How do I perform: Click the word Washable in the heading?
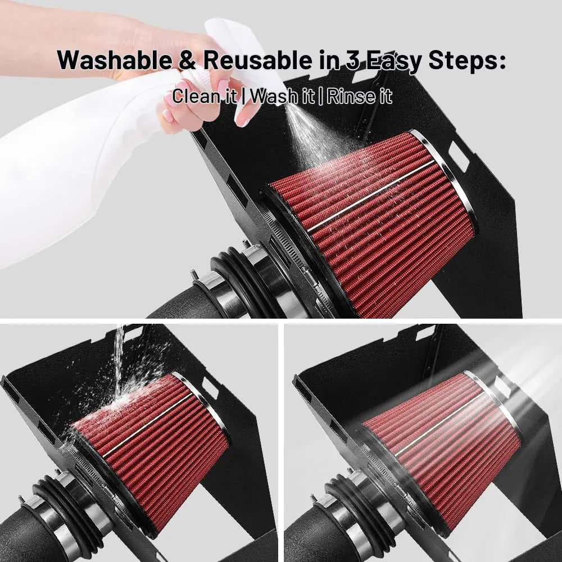pyautogui.click(x=115, y=60)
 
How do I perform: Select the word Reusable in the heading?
pyautogui.click(x=258, y=60)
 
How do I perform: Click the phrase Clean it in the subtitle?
pyautogui.click(x=205, y=96)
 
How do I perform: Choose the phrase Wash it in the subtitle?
pyautogui.click(x=282, y=96)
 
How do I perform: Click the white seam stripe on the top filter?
pyautogui.click(x=371, y=196)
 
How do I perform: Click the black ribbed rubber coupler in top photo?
pyautogui.click(x=244, y=283)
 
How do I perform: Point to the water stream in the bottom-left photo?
pyautogui.click(x=119, y=362)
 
